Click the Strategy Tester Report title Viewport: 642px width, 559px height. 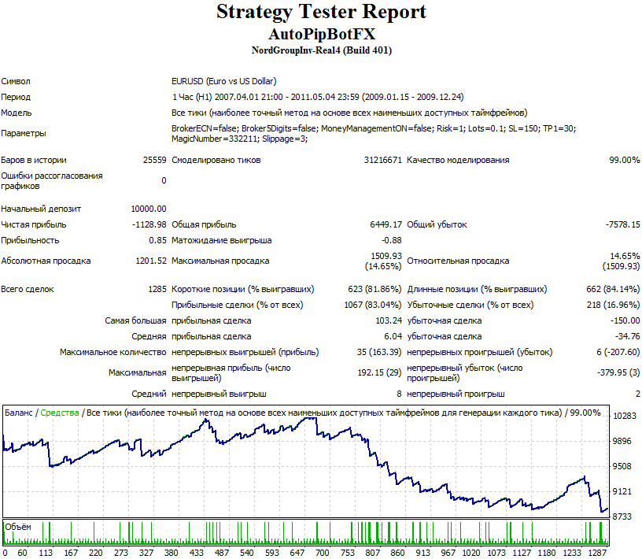tap(321, 13)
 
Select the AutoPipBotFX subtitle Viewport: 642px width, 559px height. tap(322, 34)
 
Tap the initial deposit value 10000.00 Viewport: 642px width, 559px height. tap(149, 209)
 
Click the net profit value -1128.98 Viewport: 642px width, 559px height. tap(149, 224)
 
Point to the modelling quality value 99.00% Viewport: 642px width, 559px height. tap(625, 160)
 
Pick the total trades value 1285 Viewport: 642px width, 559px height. tap(157, 289)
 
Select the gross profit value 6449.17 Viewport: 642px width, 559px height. tap(386, 224)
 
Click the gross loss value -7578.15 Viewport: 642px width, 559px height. tap(623, 224)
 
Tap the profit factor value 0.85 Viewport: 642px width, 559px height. tap(157, 240)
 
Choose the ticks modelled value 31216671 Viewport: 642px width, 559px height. tap(383, 160)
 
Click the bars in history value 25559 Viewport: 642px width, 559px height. tap(155, 160)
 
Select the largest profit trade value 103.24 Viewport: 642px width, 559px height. tap(389, 320)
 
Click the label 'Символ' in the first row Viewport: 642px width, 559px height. tap(16, 81)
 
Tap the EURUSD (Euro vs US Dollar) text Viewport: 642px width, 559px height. tap(224, 81)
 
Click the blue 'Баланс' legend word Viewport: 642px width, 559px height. tap(18, 413)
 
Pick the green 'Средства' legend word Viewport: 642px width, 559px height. tap(60, 413)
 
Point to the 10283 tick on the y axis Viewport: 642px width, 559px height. tap(625, 416)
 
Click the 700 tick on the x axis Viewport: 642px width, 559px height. tap(323, 553)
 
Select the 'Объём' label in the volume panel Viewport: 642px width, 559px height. tap(18, 527)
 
